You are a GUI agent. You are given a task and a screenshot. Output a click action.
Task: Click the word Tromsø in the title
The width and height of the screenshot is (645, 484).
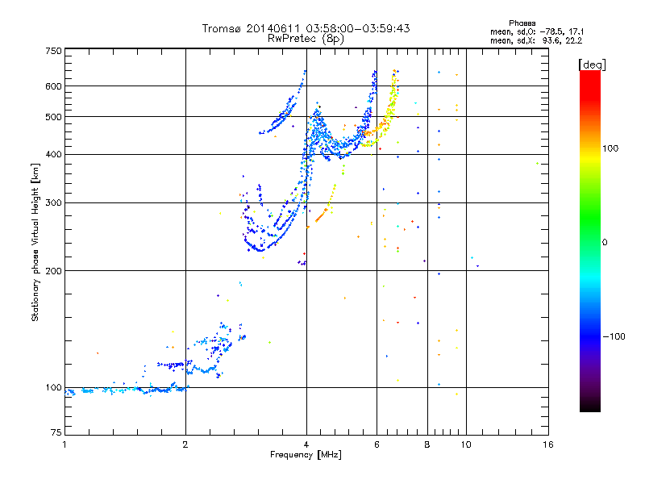point(222,28)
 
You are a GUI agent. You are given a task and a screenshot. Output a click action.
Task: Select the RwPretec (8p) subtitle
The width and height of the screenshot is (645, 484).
point(306,38)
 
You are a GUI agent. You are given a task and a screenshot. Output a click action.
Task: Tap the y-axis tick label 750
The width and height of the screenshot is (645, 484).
point(53,50)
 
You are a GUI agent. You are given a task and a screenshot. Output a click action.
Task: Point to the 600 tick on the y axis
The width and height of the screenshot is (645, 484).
point(53,86)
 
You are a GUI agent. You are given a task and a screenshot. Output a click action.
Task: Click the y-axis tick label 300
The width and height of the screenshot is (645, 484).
point(53,202)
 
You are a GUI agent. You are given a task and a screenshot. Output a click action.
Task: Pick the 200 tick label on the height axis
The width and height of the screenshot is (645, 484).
point(53,270)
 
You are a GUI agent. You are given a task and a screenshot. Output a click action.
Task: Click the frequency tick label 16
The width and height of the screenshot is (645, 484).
point(548,444)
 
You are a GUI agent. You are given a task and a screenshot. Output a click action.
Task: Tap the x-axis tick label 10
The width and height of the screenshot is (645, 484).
point(465,444)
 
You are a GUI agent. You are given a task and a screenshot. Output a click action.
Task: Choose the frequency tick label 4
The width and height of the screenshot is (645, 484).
point(306,444)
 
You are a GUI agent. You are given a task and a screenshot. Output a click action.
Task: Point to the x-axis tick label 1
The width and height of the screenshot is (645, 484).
point(64,444)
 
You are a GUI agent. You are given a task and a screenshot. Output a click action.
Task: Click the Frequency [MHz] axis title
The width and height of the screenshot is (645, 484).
point(306,455)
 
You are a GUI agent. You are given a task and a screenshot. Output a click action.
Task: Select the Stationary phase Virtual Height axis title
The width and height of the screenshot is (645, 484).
point(36,242)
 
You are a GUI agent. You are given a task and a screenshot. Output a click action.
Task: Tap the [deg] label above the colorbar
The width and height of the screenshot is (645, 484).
point(593,64)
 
